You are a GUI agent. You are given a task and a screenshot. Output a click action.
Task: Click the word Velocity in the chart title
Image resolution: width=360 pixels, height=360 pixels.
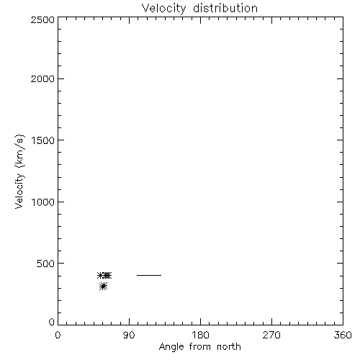click(x=163, y=9)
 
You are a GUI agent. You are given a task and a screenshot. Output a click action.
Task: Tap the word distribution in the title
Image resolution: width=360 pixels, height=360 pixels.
click(x=225, y=8)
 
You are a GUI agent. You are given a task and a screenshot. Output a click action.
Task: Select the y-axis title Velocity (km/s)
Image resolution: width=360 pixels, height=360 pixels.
click(x=19, y=171)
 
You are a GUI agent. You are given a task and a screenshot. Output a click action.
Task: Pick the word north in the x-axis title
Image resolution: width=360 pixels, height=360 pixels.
click(x=229, y=346)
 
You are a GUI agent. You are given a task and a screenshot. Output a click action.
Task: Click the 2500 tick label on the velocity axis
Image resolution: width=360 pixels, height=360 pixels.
click(x=42, y=19)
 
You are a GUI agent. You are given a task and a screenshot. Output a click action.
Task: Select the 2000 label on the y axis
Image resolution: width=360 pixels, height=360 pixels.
click(x=42, y=78)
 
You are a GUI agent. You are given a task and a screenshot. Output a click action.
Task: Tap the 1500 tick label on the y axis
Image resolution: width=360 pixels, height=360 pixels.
click(x=43, y=140)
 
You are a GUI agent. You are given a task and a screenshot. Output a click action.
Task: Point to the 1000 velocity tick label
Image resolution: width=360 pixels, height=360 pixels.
click(x=43, y=202)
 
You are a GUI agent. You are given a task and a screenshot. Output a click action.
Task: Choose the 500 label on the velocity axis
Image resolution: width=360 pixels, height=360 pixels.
click(x=46, y=264)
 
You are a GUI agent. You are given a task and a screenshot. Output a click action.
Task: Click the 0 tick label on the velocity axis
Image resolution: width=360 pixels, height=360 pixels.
click(x=52, y=322)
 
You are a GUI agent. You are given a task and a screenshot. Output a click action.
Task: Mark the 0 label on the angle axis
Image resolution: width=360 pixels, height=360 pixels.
click(x=58, y=335)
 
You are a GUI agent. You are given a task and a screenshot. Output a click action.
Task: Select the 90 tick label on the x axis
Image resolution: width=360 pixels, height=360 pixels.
click(x=129, y=335)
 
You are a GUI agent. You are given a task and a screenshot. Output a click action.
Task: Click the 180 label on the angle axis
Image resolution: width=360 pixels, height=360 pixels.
click(x=200, y=335)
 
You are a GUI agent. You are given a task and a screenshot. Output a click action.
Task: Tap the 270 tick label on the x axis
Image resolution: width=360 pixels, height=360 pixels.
click(x=271, y=335)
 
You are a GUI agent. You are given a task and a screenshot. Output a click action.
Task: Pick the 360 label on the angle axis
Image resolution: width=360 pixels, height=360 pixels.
click(x=343, y=335)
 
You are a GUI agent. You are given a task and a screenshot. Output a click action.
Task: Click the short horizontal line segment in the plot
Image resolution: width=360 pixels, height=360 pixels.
click(x=149, y=275)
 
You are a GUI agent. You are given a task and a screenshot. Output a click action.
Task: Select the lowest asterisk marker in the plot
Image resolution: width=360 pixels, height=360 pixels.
click(x=103, y=287)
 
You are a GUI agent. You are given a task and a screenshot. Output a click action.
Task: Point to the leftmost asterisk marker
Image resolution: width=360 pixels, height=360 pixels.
click(x=101, y=275)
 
